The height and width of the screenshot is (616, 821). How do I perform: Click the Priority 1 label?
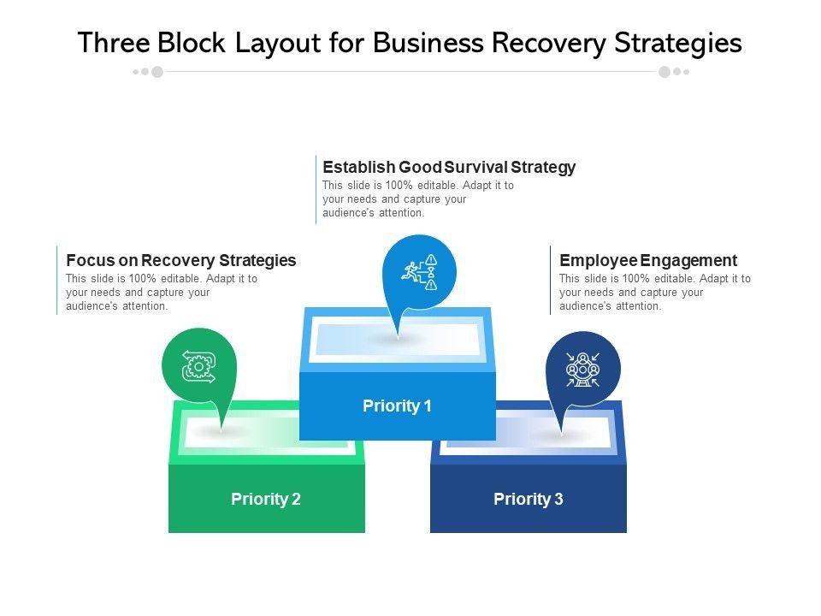(397, 406)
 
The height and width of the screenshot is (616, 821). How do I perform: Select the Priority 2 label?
(266, 499)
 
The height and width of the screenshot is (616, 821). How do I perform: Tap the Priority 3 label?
(529, 499)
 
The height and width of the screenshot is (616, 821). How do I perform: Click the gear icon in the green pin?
(198, 367)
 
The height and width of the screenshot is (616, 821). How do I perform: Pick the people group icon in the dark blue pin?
(582, 370)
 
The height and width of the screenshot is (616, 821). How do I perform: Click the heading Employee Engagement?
(648, 260)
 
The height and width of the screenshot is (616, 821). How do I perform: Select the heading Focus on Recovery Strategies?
(181, 260)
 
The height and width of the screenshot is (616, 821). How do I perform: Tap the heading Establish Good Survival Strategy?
(449, 167)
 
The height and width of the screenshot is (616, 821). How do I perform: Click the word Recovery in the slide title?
(549, 43)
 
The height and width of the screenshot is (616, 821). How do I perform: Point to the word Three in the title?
(114, 43)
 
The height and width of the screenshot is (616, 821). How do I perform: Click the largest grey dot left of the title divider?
(157, 72)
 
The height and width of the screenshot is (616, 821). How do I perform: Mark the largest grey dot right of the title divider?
(664, 72)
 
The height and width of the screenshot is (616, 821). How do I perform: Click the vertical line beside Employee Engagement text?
(550, 281)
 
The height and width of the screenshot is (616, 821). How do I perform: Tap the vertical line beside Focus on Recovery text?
(56, 281)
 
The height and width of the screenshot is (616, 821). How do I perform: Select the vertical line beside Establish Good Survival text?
(316, 190)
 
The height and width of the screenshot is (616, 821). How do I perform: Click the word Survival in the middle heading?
(476, 167)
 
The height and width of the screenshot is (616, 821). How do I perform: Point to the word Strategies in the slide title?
(678, 43)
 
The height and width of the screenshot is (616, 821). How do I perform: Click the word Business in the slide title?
(428, 43)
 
